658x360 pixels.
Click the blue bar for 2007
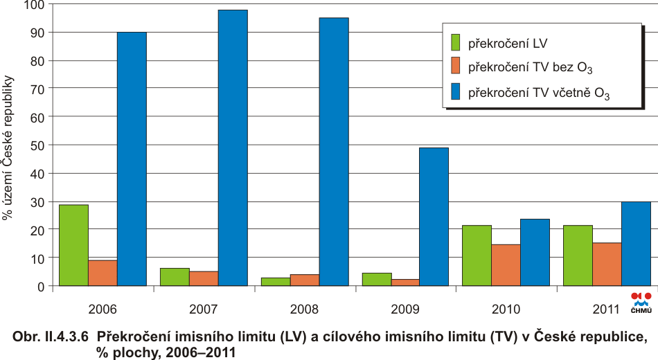[233, 147]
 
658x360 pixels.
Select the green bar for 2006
[73, 245]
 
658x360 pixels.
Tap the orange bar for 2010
[506, 264]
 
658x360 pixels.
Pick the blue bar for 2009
[434, 216]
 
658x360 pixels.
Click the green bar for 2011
[578, 255]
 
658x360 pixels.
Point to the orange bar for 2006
[103, 273]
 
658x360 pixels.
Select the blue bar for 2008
[334, 152]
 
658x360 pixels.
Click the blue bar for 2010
[535, 252]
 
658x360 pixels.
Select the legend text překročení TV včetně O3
[539, 92]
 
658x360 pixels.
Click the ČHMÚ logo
[641, 303]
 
